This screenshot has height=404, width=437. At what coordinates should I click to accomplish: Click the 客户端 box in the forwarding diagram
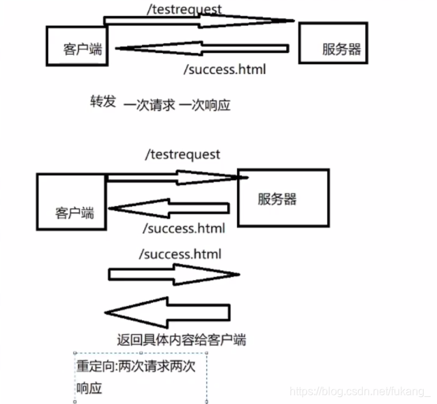point(78,47)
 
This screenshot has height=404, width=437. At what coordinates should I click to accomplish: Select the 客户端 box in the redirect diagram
point(74,202)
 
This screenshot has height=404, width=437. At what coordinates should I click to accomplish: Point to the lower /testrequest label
point(182,154)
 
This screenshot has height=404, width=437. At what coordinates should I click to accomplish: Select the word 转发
point(102,101)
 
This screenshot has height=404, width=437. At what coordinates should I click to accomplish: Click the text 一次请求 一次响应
point(177,106)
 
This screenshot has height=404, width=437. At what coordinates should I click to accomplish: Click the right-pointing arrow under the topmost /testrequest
point(203,20)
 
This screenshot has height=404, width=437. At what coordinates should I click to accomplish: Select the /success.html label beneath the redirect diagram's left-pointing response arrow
point(183,229)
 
